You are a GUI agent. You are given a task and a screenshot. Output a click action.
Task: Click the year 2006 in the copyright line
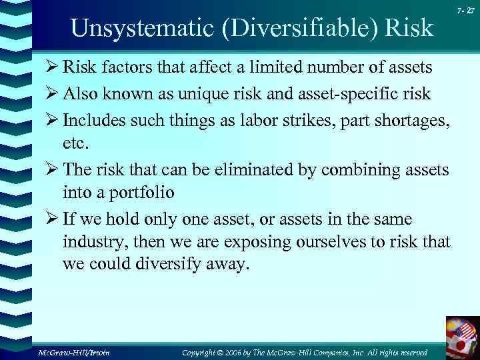click(253, 351)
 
